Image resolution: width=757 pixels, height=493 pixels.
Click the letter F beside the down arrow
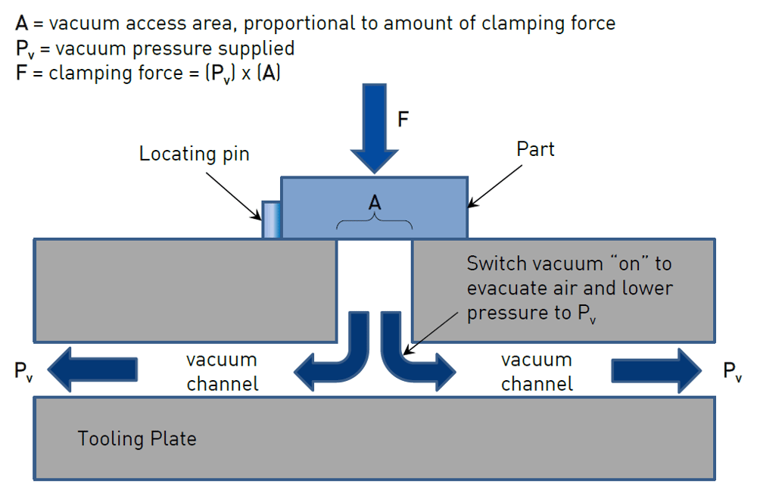tap(403, 120)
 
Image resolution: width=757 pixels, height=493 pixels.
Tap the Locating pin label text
tap(194, 154)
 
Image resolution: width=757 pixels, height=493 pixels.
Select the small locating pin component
tap(272, 220)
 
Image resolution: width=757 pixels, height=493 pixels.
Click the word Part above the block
tap(535, 149)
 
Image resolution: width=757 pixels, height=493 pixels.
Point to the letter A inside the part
tap(374, 203)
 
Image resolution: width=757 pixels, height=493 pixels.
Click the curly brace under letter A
tap(374, 223)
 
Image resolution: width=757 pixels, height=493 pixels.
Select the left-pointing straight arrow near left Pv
tap(94, 370)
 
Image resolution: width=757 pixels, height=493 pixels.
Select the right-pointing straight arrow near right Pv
tap(656, 370)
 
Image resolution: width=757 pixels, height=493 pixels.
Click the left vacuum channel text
tap(223, 372)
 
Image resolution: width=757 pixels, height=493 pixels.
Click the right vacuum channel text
tap(537, 372)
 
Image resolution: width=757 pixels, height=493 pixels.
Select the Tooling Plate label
tap(137, 438)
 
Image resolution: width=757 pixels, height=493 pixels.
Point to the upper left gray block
tap(185, 290)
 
